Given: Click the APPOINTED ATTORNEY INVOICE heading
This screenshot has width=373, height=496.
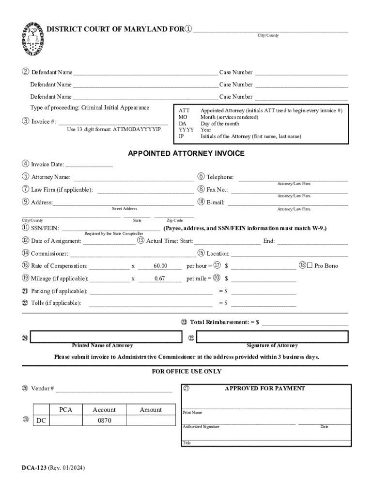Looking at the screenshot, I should (x=186, y=154).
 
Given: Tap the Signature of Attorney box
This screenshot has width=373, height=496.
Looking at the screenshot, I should (x=272, y=337).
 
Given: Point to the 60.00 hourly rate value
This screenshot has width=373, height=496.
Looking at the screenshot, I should (x=160, y=266).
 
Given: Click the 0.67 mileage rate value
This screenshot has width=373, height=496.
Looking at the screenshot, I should (x=160, y=279).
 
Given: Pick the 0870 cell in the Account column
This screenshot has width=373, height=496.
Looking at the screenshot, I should (x=104, y=420).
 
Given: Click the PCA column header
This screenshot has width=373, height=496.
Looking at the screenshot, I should (x=66, y=410).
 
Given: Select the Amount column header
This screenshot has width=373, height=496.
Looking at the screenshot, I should (x=151, y=410).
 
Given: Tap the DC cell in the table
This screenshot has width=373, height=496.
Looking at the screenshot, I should (x=42, y=420).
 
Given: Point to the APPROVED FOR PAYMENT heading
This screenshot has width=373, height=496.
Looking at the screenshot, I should (x=264, y=388).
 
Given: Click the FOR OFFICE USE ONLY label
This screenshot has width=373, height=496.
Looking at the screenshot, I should (x=186, y=372).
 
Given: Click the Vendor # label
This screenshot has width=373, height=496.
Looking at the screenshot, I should (x=42, y=388).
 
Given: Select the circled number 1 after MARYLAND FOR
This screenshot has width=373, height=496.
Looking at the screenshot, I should (x=188, y=30).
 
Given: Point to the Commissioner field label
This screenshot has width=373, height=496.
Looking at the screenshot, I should (x=49, y=253).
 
